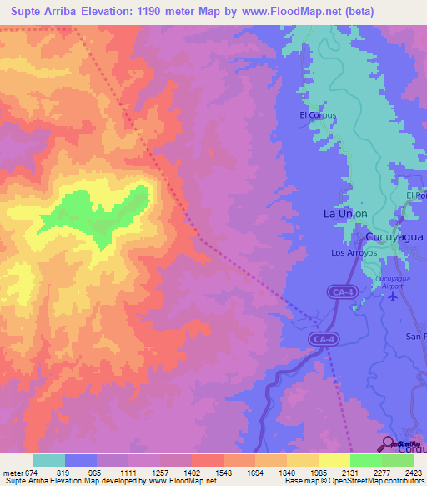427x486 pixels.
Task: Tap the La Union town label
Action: pos(345,214)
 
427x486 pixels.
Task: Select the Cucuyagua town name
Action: pos(394,236)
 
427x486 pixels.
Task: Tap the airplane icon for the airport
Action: pos(394,299)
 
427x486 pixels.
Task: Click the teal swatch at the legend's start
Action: pos(49,460)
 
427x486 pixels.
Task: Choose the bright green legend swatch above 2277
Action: pos(365,460)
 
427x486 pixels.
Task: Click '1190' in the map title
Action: pos(153,11)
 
